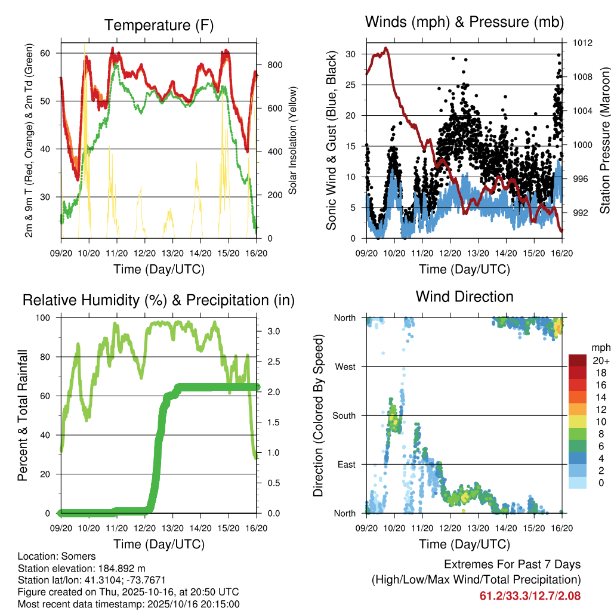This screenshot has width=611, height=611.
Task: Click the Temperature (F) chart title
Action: [159, 26]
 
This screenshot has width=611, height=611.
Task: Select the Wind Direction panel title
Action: [464, 297]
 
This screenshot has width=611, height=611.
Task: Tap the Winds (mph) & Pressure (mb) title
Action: [464, 23]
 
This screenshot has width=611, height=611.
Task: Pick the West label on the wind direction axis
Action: [345, 366]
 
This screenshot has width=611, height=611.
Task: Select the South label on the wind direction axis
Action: [344, 415]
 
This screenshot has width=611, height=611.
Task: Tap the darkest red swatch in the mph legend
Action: [578, 360]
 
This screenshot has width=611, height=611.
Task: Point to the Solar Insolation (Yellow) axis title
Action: [293, 140]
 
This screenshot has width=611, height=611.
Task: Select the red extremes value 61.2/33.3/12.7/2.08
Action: [530, 595]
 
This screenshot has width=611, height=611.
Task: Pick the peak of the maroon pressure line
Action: [386, 48]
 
